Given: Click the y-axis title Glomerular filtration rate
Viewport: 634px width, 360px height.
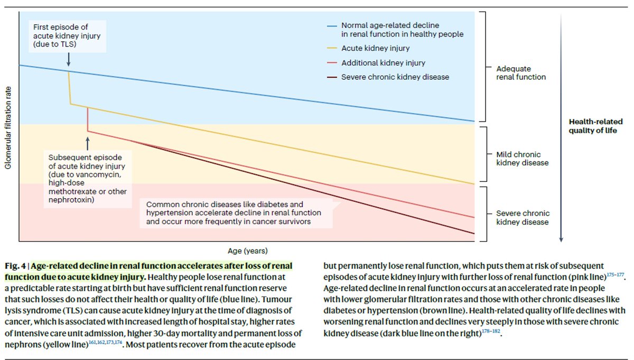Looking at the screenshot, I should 8,128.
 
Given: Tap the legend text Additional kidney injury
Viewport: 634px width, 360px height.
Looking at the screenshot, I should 383,63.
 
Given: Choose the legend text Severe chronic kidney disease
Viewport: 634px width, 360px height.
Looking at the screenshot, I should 395,77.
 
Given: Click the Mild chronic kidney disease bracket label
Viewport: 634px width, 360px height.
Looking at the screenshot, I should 523,159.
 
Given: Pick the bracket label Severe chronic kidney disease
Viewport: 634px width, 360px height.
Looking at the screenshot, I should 523,218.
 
